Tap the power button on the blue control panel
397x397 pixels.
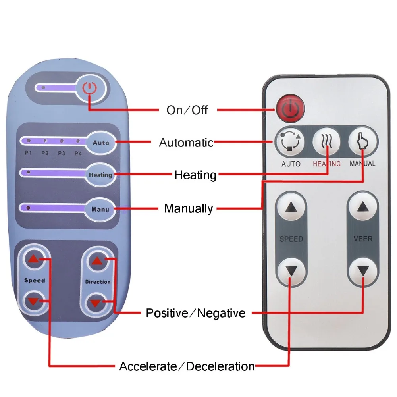[91, 88]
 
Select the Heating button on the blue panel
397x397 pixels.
[100, 175]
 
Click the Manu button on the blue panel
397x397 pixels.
[100, 208]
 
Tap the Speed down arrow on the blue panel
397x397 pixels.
[33, 301]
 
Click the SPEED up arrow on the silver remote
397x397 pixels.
[292, 207]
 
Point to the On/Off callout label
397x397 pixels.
[187, 110]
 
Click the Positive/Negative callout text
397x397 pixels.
[195, 313]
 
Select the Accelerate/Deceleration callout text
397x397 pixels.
[187, 366]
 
